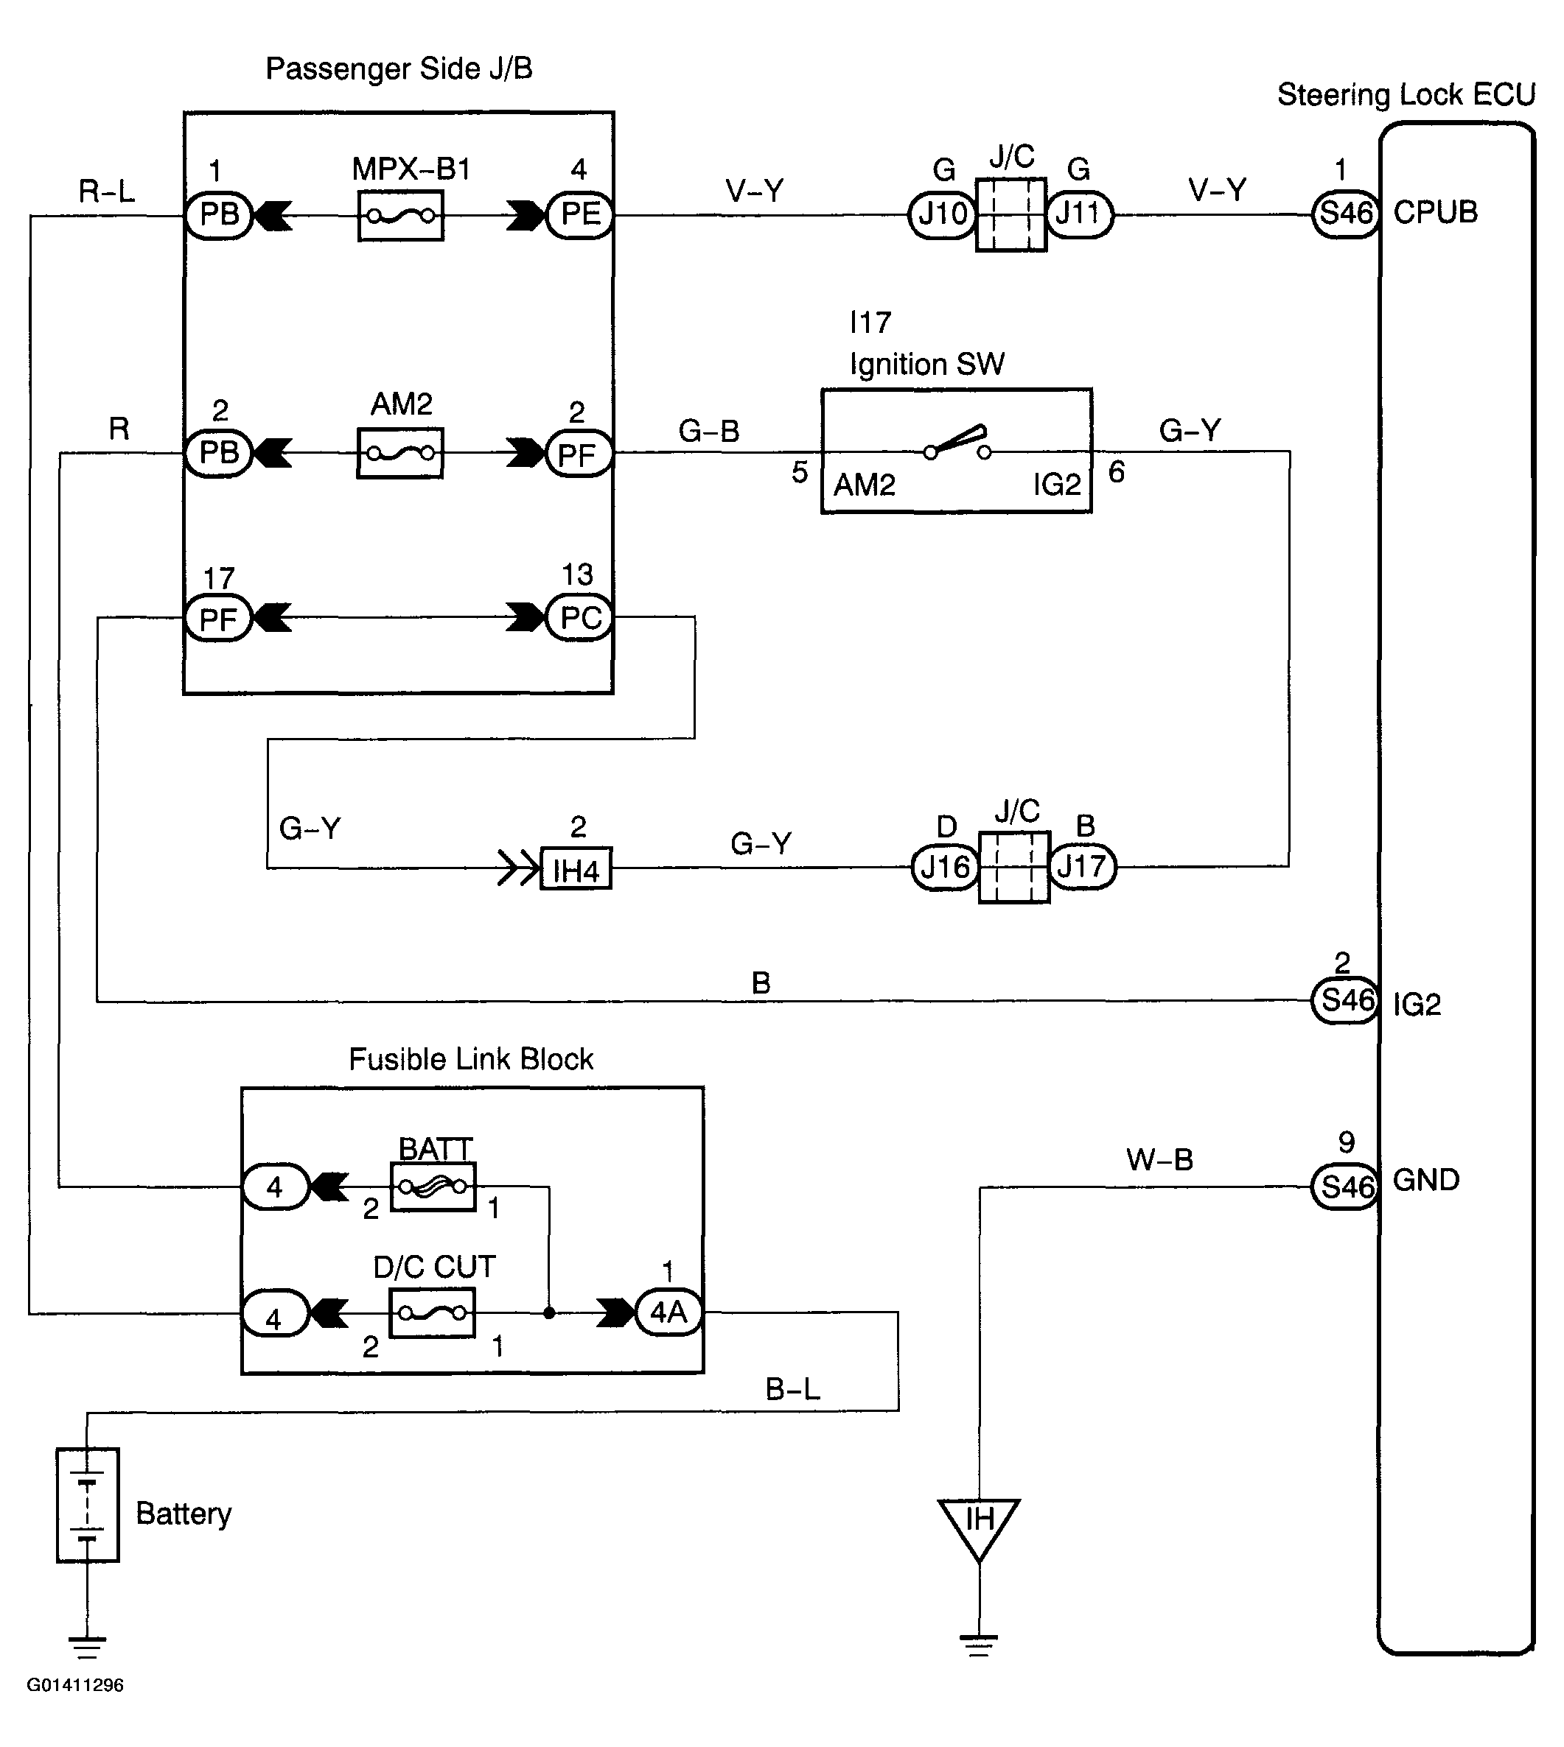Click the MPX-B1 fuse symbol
click(400, 216)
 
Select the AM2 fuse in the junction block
click(400, 453)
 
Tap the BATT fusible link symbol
click(433, 1187)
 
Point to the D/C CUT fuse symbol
click(432, 1312)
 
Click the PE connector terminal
click(580, 215)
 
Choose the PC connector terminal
click(580, 617)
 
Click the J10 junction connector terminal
click(943, 215)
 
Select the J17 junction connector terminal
click(1083, 867)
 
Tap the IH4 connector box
click(576, 869)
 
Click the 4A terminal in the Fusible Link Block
click(668, 1312)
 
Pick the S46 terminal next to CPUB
click(1346, 213)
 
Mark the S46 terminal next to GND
click(1346, 1187)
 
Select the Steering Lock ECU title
click(1406, 94)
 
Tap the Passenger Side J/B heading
click(399, 68)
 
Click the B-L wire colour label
click(792, 1390)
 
